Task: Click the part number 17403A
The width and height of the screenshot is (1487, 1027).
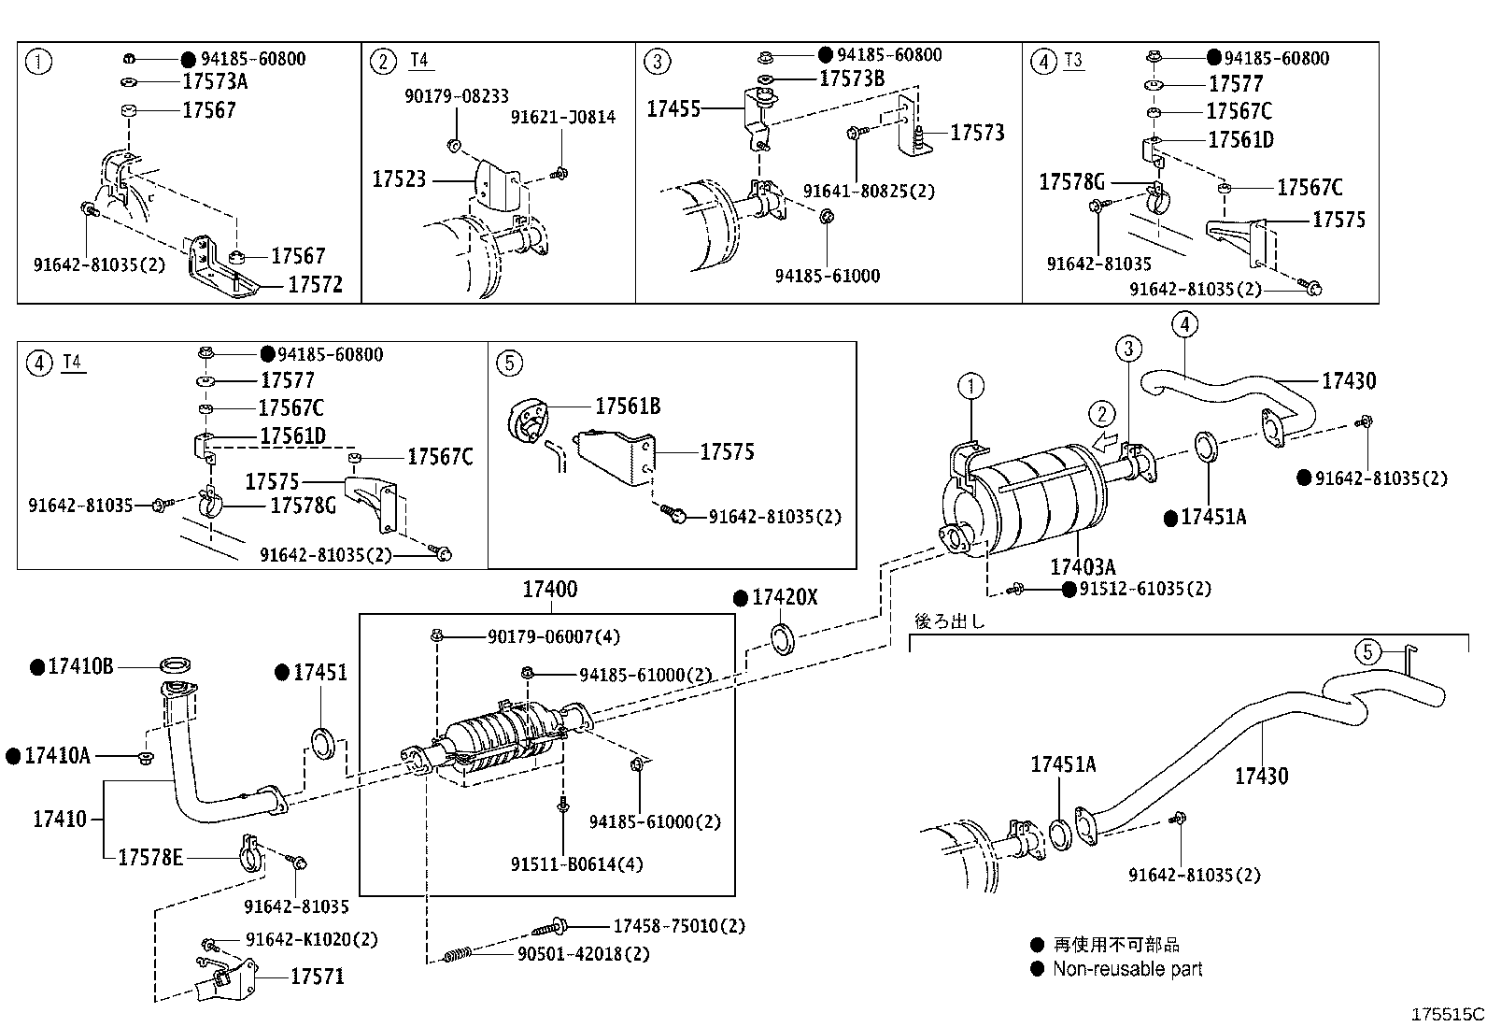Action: [x=1082, y=567]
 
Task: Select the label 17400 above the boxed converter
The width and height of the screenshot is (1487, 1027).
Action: [x=549, y=590]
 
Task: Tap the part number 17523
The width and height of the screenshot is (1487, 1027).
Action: [x=399, y=178]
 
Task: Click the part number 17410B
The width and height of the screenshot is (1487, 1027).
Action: [x=80, y=666]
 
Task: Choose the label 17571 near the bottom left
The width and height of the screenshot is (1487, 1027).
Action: [x=317, y=977]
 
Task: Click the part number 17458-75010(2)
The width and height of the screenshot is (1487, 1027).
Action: [x=679, y=926]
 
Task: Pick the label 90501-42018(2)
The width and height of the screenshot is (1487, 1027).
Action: [x=584, y=954]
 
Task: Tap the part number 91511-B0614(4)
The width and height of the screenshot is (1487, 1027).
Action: [x=576, y=864]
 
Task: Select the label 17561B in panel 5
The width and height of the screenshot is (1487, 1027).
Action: [x=628, y=407]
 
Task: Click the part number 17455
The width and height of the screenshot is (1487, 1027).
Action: [x=673, y=109]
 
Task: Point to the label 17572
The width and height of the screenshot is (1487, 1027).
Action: [x=315, y=285]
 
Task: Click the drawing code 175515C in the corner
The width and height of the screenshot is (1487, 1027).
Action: [x=1447, y=1014]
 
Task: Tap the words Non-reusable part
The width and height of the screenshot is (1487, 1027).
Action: [x=1127, y=969]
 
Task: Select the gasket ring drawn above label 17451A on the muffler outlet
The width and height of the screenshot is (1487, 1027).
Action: [x=1205, y=447]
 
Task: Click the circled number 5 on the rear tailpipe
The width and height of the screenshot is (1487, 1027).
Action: [x=1367, y=651]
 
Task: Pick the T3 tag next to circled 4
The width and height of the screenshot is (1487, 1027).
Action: [x=1073, y=61]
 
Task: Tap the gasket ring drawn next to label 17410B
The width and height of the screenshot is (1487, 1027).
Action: [x=175, y=665]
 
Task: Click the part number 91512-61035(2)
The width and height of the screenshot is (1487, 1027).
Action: [x=1145, y=589]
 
